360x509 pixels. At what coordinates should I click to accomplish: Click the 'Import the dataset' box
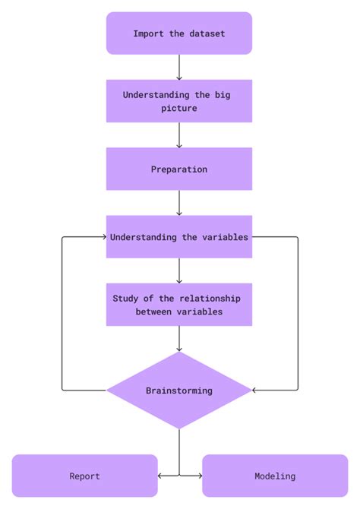coord(178,33)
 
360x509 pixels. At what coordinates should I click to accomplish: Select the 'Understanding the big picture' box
coord(178,101)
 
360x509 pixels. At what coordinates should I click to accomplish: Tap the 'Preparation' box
coord(178,169)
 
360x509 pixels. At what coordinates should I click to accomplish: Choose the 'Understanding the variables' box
coord(178,236)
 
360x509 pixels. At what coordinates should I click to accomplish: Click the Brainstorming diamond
coord(178,390)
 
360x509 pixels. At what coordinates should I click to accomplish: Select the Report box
coord(84,476)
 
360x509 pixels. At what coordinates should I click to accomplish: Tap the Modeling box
coord(274,476)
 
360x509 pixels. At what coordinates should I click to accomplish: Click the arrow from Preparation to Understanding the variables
coord(179,203)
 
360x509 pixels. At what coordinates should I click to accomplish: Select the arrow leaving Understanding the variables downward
coord(179,270)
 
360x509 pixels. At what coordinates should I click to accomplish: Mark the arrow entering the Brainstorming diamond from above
coord(179,339)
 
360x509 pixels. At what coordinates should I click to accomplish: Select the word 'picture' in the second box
coord(178,108)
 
